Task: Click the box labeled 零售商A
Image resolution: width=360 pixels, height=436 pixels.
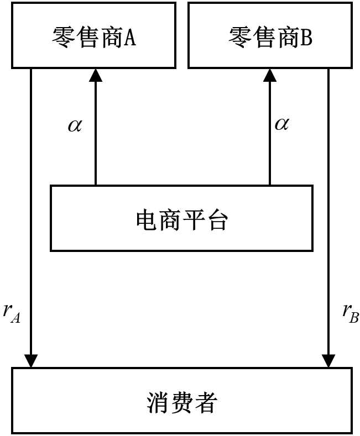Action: click(93, 35)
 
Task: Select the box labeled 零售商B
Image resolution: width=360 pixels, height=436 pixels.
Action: click(270, 35)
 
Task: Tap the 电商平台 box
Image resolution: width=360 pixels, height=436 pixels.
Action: click(181, 219)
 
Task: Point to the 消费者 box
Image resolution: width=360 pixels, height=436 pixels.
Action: click(181, 401)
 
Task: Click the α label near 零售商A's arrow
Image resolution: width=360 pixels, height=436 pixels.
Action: click(75, 125)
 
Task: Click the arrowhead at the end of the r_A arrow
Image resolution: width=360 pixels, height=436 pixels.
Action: click(31, 361)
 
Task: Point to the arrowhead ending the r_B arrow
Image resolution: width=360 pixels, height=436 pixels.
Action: click(329, 361)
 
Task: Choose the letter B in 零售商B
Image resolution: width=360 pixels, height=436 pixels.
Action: click(306, 37)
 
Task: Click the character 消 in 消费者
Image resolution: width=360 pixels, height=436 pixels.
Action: click(159, 402)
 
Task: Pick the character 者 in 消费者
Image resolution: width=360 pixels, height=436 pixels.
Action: click(205, 402)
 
